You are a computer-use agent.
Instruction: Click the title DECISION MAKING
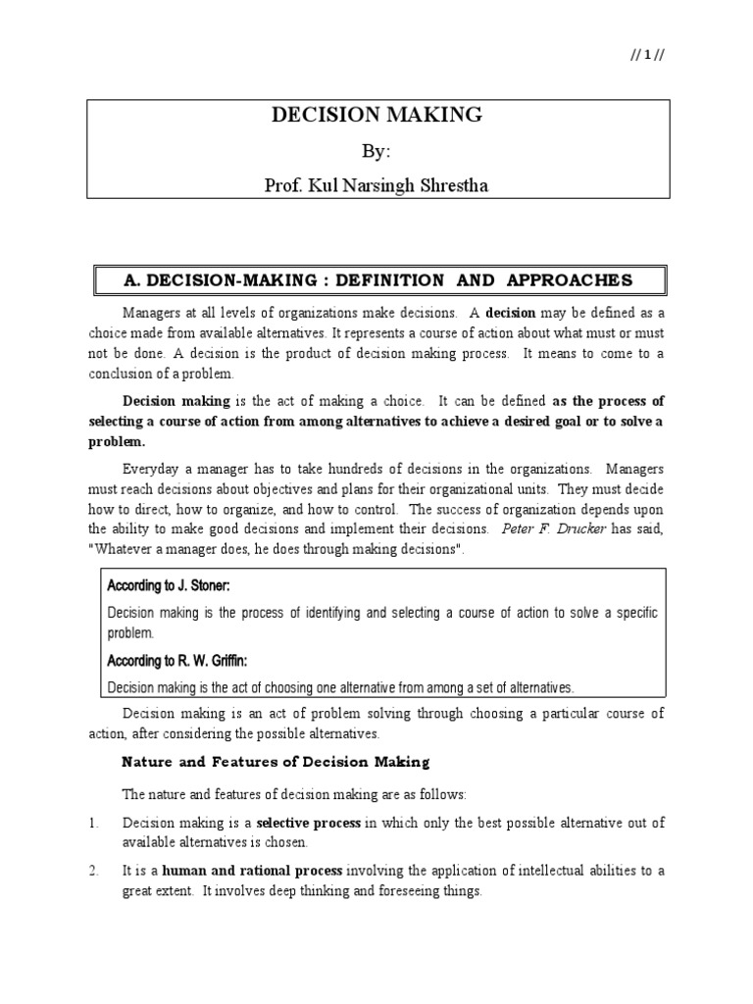coord(376,115)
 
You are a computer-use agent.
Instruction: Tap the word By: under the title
coord(376,152)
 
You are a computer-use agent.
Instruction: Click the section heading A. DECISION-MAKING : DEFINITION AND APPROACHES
coord(377,279)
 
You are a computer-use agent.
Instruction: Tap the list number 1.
coord(91,824)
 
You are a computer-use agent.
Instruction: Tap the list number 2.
coord(91,870)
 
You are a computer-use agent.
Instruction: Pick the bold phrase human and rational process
coord(252,870)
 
